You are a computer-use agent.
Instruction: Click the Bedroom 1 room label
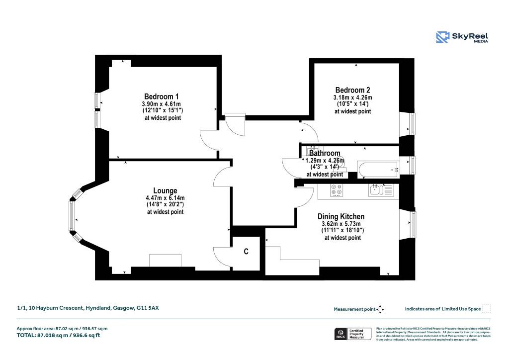[161, 96]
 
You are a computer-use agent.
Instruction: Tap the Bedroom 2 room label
[352, 90]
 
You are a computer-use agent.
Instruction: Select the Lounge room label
[165, 190]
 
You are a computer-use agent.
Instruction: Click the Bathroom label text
[325, 153]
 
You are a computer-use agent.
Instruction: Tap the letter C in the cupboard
[246, 252]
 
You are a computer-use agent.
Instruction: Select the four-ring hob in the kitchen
[336, 190]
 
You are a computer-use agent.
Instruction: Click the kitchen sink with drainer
[381, 189]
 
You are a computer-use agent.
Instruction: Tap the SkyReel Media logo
[462, 38]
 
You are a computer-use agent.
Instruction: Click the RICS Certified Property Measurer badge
[352, 334]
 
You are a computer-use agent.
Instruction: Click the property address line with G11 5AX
[87, 308]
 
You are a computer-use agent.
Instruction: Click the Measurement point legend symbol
[380, 309]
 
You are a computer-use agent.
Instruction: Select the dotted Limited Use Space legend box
[487, 309]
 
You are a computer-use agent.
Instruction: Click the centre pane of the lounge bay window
[72, 216]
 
